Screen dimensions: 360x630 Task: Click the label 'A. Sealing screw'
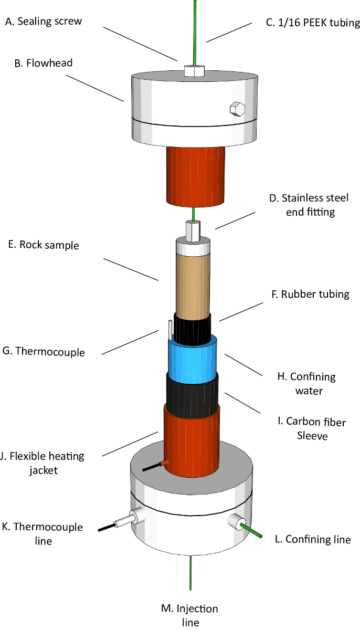[x=44, y=22]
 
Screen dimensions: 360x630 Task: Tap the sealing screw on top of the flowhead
[x=194, y=70]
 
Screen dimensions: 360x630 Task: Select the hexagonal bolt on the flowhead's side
[x=237, y=109]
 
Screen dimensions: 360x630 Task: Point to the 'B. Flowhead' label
[x=44, y=63]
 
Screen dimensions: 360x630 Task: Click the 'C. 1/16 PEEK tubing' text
[x=313, y=23]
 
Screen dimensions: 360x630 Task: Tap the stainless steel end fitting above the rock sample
[x=193, y=231]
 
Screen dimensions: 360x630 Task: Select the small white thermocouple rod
[x=170, y=330]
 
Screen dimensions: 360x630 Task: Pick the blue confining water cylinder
[x=193, y=360]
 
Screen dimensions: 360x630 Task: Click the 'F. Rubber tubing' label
[x=310, y=294]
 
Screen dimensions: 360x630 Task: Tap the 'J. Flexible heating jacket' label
[x=43, y=463]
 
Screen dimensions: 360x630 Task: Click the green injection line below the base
[x=191, y=572]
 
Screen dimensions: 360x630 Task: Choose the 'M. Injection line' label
[x=189, y=615]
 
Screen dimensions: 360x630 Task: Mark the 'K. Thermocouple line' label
[x=43, y=533]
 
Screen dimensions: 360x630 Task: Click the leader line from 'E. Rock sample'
[x=131, y=269]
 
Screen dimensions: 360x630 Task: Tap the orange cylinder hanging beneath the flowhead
[x=196, y=176]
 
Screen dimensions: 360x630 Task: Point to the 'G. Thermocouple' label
[x=44, y=352]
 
